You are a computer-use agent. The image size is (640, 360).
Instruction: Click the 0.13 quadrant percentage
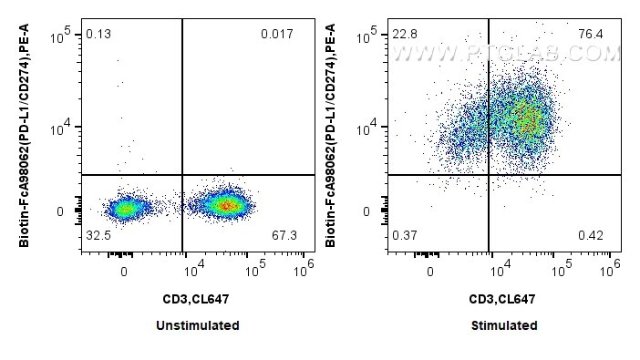pyautogui.click(x=98, y=34)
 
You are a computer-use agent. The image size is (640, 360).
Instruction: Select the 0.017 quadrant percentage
pyautogui.click(x=277, y=34)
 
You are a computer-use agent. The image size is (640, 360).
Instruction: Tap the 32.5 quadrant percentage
pyautogui.click(x=98, y=235)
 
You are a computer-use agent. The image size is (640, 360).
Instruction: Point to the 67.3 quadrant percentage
pyautogui.click(x=284, y=235)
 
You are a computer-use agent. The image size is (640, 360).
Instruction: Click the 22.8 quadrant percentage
pyautogui.click(x=405, y=34)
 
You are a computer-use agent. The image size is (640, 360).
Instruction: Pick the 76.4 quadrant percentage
pyautogui.click(x=591, y=34)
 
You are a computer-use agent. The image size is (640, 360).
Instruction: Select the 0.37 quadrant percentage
pyautogui.click(x=405, y=235)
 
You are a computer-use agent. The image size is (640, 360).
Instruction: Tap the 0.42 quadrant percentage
pyautogui.click(x=591, y=235)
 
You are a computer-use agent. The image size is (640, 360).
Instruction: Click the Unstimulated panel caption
pyautogui.click(x=198, y=325)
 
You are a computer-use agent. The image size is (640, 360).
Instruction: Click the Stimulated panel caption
pyautogui.click(x=504, y=325)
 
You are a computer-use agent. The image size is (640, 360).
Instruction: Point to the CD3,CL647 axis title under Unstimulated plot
pyautogui.click(x=196, y=299)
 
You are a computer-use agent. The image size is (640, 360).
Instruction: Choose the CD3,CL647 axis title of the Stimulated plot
pyautogui.click(x=502, y=299)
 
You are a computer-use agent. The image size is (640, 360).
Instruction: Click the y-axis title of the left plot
pyautogui.click(x=24, y=136)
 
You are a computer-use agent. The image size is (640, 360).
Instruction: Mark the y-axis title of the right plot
pyautogui.click(x=330, y=136)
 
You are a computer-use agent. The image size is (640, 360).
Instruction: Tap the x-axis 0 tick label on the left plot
pyautogui.click(x=124, y=272)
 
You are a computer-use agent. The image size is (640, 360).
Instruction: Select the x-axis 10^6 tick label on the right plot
pyautogui.click(x=610, y=268)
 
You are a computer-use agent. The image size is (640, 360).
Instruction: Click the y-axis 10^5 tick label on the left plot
pyautogui.click(x=60, y=36)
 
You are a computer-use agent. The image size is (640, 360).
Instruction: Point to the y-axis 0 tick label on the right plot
pyautogui.click(x=366, y=211)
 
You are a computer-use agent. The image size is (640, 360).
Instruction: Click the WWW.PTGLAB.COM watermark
pyautogui.click(x=506, y=54)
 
